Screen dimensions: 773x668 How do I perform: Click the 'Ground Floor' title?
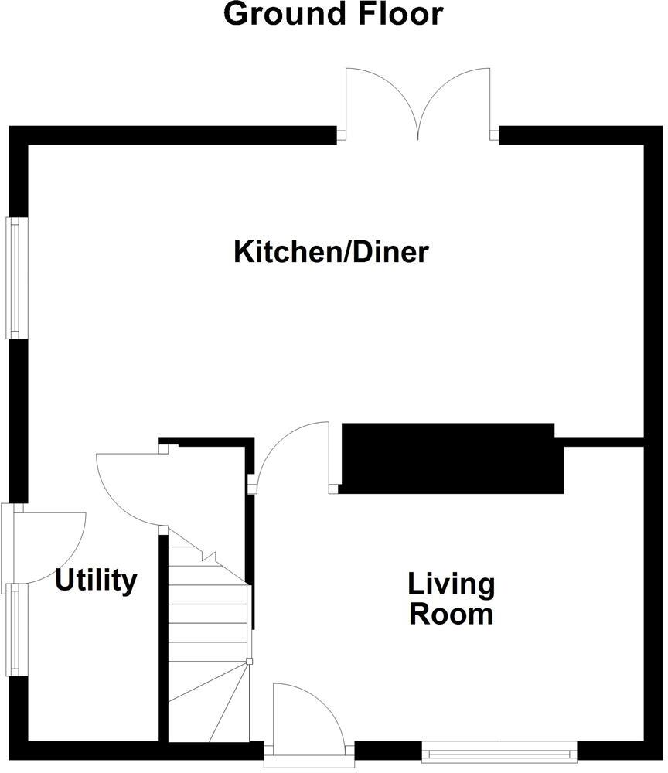(333, 14)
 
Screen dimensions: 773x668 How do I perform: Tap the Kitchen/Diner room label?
(331, 252)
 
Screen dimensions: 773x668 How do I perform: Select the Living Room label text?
(452, 599)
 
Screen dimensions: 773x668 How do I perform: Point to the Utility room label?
(97, 580)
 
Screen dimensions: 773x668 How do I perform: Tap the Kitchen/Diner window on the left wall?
(14, 278)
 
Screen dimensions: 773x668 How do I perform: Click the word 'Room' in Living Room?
(452, 615)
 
